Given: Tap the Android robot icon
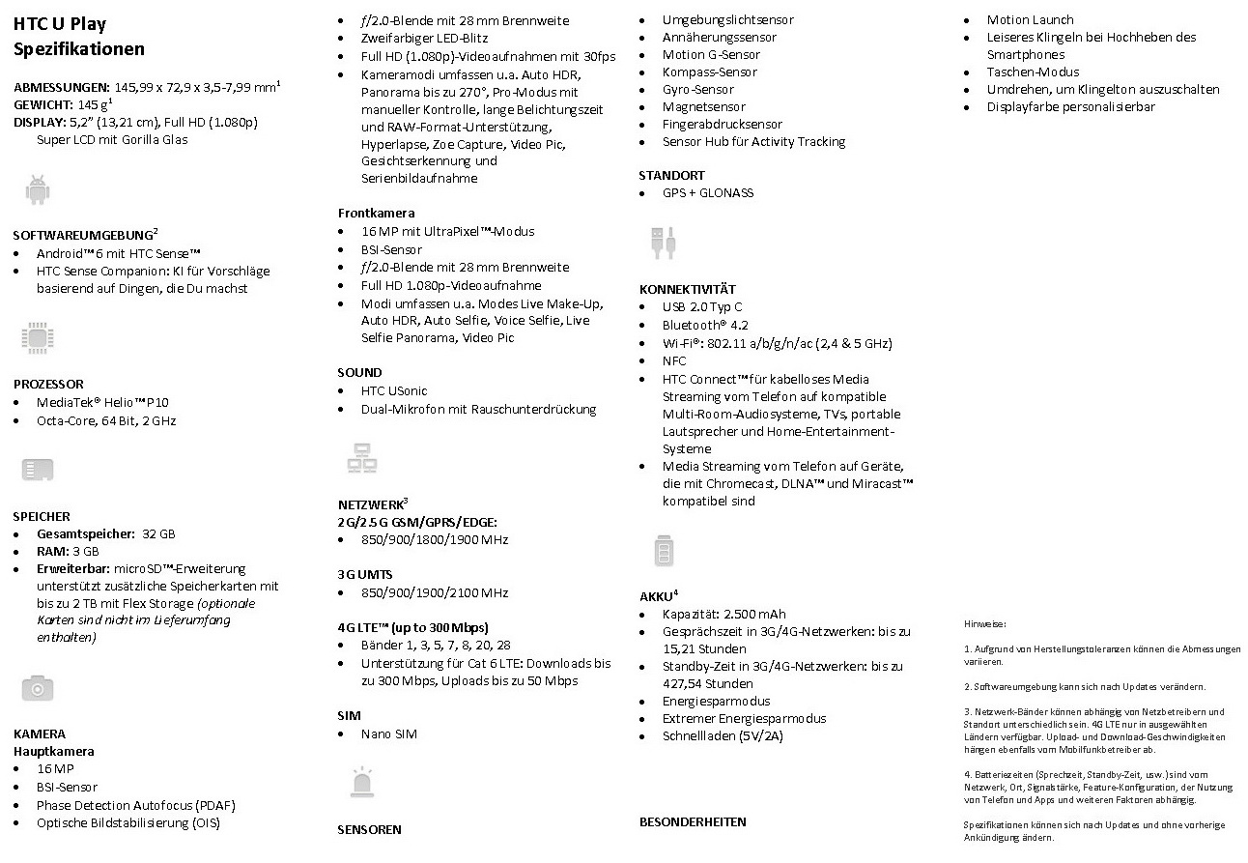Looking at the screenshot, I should point(38,190).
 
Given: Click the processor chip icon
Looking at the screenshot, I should point(37,337).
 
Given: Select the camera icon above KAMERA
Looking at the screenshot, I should point(38,688).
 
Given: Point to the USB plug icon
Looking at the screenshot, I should point(663,243).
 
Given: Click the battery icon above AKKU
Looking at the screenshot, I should point(664,551).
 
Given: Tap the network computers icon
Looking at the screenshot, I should point(361,458).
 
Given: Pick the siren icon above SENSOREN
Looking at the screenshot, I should point(361,782).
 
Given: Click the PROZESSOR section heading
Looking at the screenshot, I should point(48,384).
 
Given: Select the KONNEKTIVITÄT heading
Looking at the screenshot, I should point(687,289).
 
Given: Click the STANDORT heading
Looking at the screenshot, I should point(671,175).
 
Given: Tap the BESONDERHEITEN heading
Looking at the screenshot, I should point(693,822).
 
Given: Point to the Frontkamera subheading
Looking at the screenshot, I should point(376,213).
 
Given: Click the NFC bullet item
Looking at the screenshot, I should point(673,360).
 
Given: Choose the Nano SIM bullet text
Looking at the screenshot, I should point(388,734).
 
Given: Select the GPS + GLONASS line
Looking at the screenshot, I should point(707,192).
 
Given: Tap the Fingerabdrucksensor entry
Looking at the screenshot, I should point(722,124).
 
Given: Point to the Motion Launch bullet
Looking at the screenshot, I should point(1030,19).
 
